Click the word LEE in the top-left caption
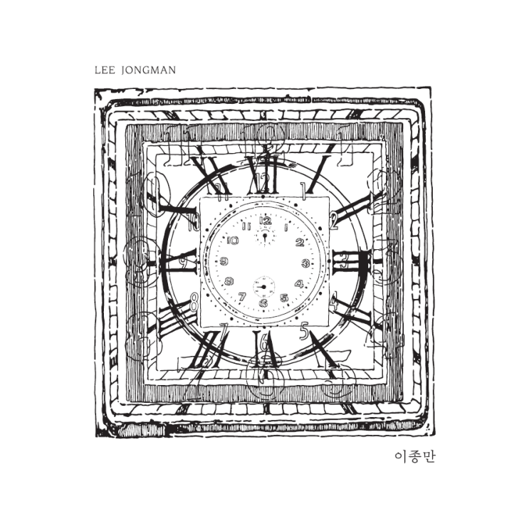pos(105,70)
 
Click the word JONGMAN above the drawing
pos(149,70)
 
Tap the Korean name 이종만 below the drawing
pos(415,457)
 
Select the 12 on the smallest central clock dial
pos(265,221)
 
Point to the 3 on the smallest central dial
pos(305,263)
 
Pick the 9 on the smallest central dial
pos(224,261)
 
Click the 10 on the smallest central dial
pos(233,241)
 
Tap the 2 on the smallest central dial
pos(300,242)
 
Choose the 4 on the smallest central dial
pos(299,284)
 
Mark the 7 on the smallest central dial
pos(242,297)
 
